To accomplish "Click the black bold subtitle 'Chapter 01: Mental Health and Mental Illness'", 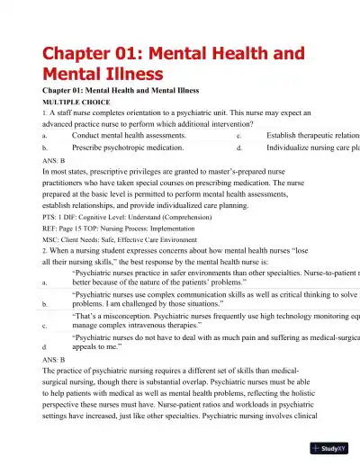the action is [x=135, y=91].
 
